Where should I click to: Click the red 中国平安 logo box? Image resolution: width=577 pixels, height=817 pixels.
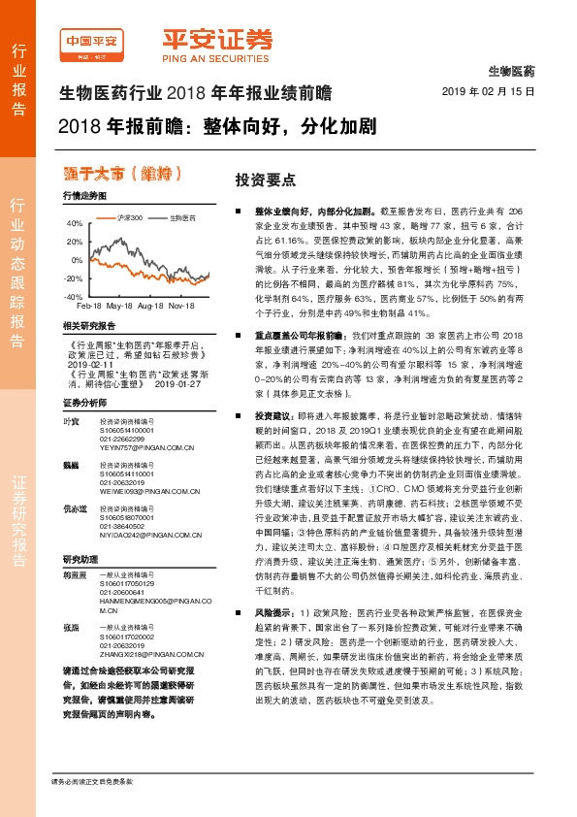pos(91,45)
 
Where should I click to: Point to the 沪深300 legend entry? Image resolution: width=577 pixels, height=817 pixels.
pos(129,216)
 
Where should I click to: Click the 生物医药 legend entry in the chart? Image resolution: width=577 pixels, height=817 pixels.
pos(183,216)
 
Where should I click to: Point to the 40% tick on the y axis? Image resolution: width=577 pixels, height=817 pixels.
pos(75,223)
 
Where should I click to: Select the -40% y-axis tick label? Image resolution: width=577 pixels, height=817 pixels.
pos(74,296)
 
